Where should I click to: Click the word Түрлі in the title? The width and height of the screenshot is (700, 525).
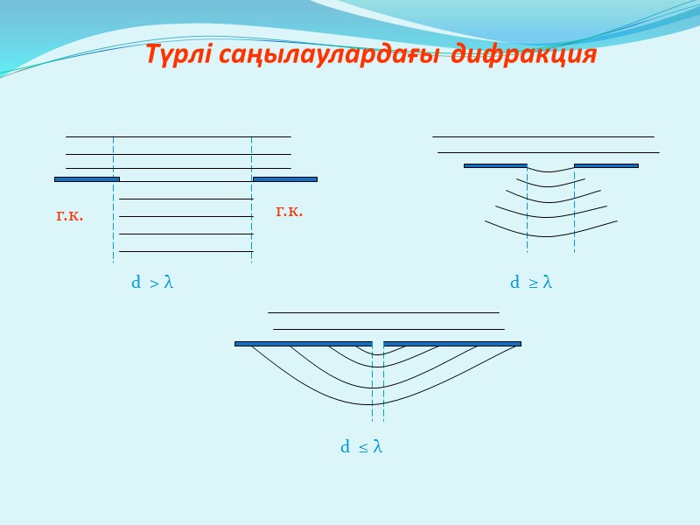coord(177,56)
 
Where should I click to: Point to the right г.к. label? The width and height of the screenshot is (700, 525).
coord(289,210)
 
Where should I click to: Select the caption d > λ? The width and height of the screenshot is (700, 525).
coord(152,283)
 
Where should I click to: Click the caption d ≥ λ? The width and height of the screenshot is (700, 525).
coord(531,283)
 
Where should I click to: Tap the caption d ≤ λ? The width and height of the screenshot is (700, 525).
coord(361,447)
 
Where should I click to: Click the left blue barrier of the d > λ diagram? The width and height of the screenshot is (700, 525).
coord(87,178)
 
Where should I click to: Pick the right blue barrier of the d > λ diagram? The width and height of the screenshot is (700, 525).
coord(285,178)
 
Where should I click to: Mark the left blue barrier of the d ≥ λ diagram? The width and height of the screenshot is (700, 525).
coord(495,164)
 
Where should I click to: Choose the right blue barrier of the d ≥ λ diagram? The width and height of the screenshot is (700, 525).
coord(605,164)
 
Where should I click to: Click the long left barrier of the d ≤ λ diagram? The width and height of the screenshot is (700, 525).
coord(303,344)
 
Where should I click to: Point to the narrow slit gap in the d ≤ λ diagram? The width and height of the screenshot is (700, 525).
coord(378,344)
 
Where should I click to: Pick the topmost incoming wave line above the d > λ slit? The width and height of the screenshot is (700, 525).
coord(178,136)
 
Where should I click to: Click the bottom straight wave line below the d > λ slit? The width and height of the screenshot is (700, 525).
coord(185,251)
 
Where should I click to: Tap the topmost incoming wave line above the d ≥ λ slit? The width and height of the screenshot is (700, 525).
coord(543,136)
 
